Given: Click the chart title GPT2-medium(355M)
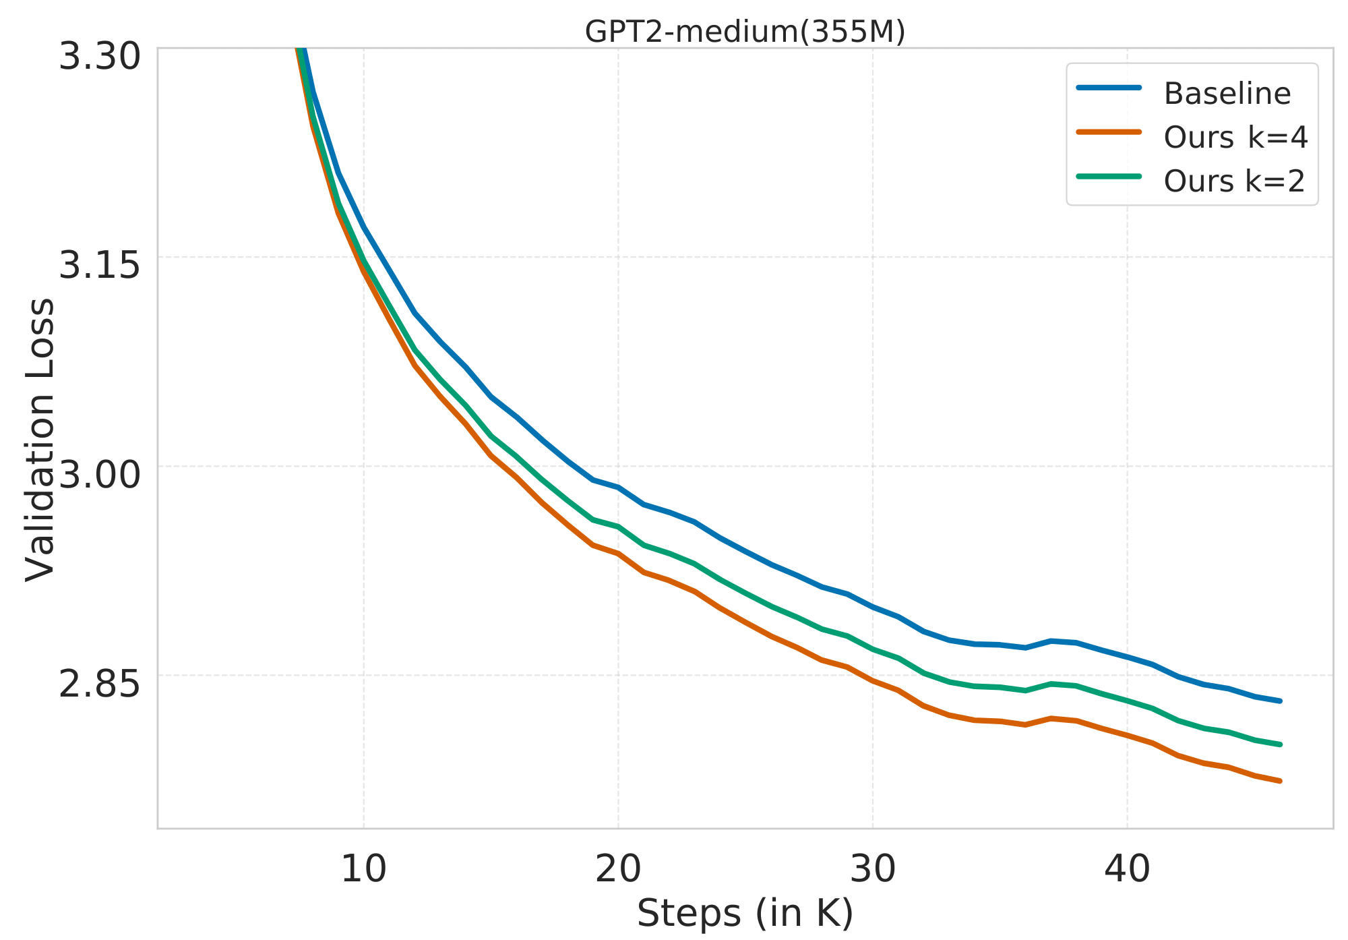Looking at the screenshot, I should pos(745,32).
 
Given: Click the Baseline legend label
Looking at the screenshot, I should pos(1227,94).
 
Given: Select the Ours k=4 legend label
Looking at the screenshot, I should pos(1235,138).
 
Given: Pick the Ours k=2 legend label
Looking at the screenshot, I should pos(1234,181).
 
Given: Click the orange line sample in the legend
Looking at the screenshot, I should pos(1109,132).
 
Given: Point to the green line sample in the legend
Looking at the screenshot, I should pos(1109,176).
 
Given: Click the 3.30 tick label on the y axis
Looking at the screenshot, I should pos(99,56).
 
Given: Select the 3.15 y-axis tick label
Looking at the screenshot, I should pos(99,265).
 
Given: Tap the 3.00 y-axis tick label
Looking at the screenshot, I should pos(99,474).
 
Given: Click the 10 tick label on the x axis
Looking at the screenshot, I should pos(363,869).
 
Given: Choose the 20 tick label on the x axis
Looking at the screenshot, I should pos(618,869).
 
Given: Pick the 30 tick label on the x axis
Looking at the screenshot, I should pos(873,869).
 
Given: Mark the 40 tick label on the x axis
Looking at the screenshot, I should pos(1127,869).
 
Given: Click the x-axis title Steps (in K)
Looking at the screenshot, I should pos(745,914).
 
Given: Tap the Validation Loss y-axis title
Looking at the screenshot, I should pos(40,438).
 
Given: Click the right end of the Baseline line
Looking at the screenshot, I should pos(1279,701).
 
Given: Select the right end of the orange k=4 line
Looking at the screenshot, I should pos(1279,781).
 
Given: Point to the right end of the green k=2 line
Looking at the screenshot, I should pos(1279,744).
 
